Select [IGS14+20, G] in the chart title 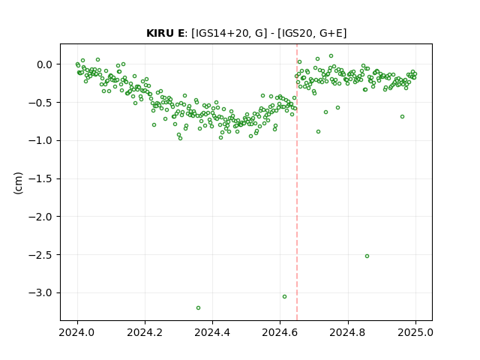[x=226, y=33]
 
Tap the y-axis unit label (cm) [x=18, y=183]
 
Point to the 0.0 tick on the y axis [x=45, y=64]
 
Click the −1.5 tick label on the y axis [x=40, y=178]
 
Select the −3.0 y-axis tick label [x=40, y=293]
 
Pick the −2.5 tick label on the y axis [x=40, y=255]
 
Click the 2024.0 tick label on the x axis [x=77, y=332]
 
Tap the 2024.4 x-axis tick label [x=212, y=332]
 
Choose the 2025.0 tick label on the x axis [x=415, y=332]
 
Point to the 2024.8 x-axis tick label [x=348, y=332]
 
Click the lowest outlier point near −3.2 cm [x=198, y=308]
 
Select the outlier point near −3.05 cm [x=285, y=297]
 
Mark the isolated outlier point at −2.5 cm [x=367, y=256]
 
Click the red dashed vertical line [x=297, y=182]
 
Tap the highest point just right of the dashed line [x=300, y=62]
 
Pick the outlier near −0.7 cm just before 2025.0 [x=402, y=117]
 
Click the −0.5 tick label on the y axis [x=40, y=103]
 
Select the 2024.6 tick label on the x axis [x=280, y=332]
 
